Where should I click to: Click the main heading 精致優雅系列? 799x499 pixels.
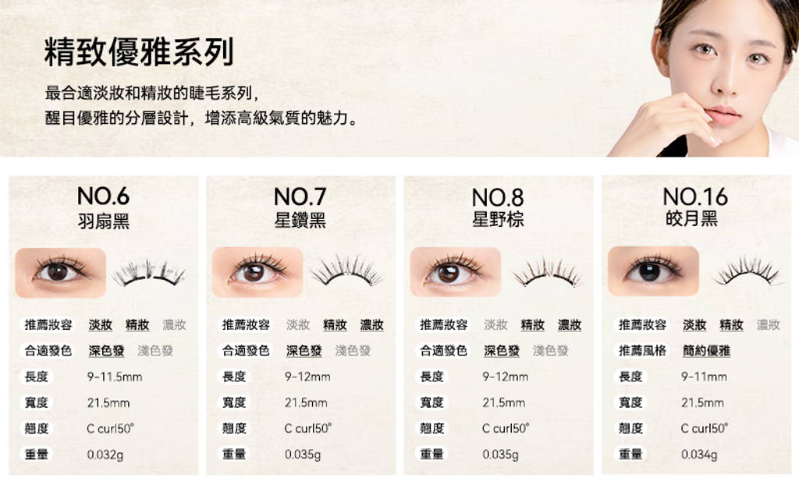pyautogui.click(x=139, y=52)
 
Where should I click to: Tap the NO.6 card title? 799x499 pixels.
pyautogui.click(x=104, y=196)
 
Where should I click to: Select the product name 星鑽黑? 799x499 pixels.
pyautogui.click(x=300, y=220)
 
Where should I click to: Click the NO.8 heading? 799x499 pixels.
pyautogui.click(x=498, y=197)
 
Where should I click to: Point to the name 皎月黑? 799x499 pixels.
pyautogui.click(x=691, y=218)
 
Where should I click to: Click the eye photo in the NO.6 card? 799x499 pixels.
pyautogui.click(x=61, y=272)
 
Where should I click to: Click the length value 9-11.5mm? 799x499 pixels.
pyautogui.click(x=115, y=377)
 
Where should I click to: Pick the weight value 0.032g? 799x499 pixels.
pyautogui.click(x=105, y=455)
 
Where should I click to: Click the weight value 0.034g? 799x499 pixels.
pyautogui.click(x=699, y=455)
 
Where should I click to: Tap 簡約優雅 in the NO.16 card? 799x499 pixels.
pyautogui.click(x=706, y=350)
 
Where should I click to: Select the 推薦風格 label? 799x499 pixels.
pyautogui.click(x=642, y=350)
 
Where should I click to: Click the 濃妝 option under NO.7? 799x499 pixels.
pyautogui.click(x=372, y=325)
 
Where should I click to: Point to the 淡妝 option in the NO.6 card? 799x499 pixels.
pyautogui.click(x=101, y=325)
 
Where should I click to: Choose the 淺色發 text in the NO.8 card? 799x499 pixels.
pyautogui.click(x=551, y=350)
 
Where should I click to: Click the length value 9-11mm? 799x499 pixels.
pyautogui.click(x=705, y=377)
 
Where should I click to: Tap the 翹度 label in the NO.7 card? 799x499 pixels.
pyautogui.click(x=234, y=428)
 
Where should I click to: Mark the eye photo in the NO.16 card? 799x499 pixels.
pyautogui.click(x=653, y=271)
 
